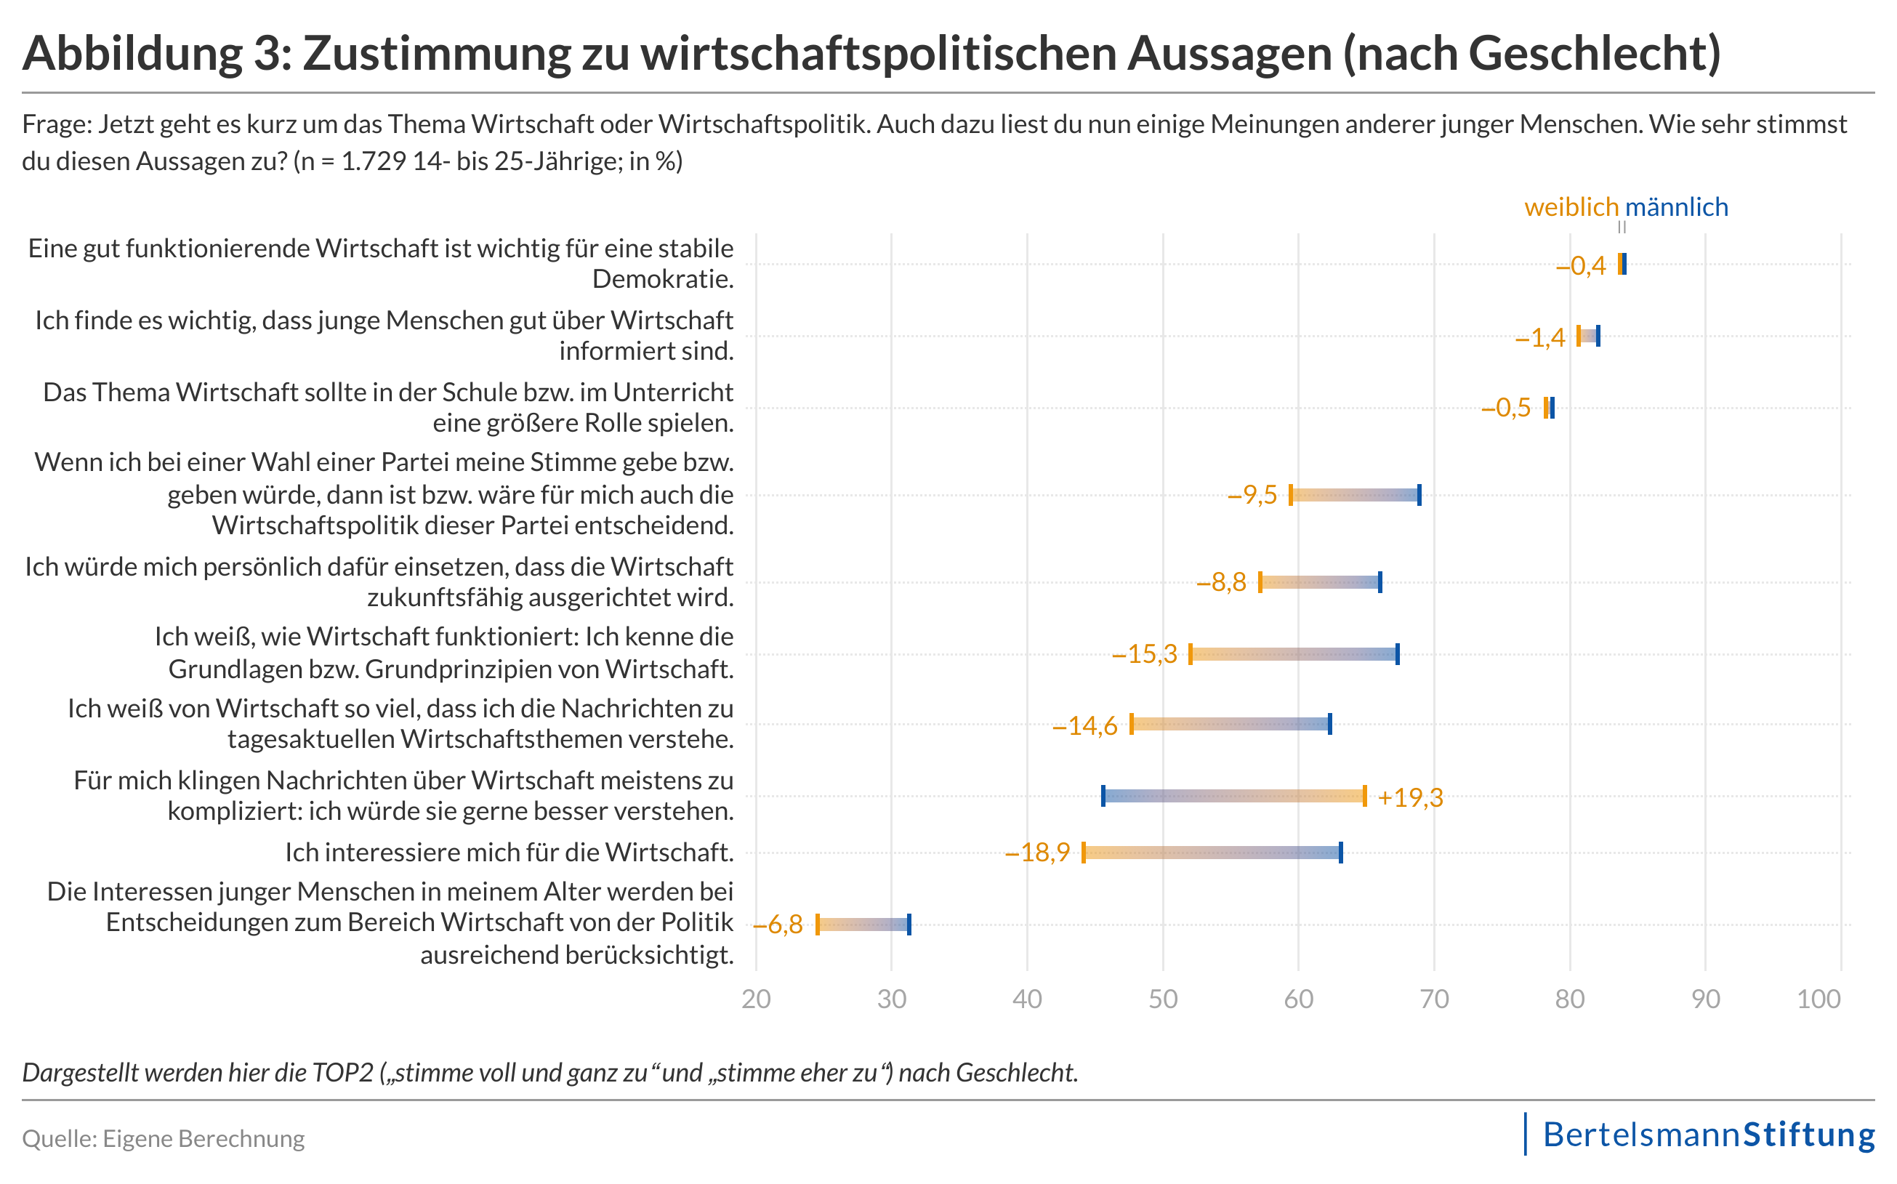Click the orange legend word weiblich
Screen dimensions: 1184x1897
tap(1570, 208)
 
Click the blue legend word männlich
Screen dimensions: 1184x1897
tap(1676, 208)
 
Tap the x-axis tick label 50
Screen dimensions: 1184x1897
tap(1163, 999)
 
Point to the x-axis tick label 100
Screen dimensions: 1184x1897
tap(1819, 999)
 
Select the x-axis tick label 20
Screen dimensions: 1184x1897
tap(757, 999)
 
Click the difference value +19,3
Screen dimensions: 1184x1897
tap(1410, 798)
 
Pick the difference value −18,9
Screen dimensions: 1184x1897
tap(1037, 853)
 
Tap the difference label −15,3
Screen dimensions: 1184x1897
tap(1145, 654)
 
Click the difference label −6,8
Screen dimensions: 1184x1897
tap(778, 925)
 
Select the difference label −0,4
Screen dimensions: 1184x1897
tap(1581, 266)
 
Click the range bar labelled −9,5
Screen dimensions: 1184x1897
tap(1356, 495)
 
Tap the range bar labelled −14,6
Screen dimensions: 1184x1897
tap(1231, 725)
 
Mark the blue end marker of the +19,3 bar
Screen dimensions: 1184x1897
tap(1103, 796)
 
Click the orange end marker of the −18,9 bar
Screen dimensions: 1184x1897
tap(1084, 853)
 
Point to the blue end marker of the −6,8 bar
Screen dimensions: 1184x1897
tap(909, 925)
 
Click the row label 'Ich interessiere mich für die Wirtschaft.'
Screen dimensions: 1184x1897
tap(509, 853)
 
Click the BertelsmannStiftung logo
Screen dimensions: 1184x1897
tap(1707, 1135)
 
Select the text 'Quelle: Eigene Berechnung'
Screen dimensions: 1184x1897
tap(164, 1139)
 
